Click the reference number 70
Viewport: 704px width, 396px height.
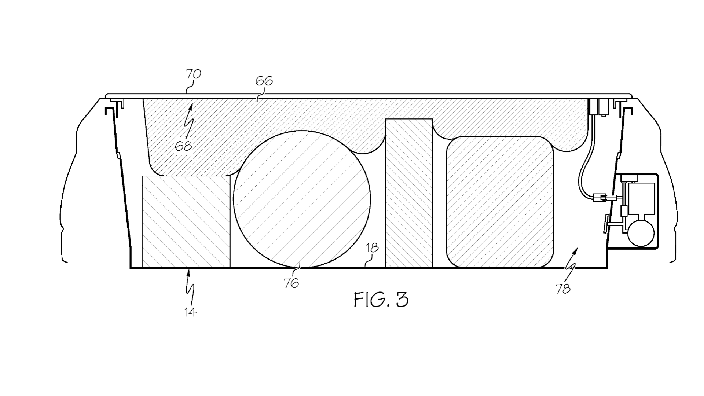[193, 74]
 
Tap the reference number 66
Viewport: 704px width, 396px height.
[264, 81]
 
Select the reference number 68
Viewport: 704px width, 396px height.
[183, 146]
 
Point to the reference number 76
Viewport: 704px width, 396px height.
[291, 283]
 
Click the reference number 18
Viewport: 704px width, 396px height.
[372, 248]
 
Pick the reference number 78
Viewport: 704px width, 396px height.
[563, 289]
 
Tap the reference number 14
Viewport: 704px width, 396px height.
[190, 312]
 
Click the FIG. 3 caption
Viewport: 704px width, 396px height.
[381, 300]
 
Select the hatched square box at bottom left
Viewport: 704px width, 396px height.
[186, 221]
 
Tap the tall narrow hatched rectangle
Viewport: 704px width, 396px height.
[409, 193]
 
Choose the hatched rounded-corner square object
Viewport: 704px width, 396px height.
[499, 202]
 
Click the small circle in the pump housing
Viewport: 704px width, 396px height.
[641, 232]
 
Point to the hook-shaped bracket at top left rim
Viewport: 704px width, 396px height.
[109, 111]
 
